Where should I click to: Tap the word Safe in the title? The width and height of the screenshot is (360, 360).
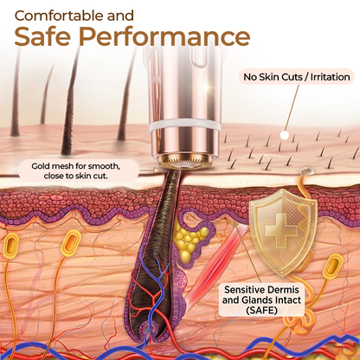tap(42, 36)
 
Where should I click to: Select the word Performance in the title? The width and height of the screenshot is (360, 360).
tap(164, 36)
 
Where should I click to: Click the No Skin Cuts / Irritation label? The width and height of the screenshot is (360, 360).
tap(297, 77)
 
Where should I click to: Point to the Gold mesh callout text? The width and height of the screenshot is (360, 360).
tap(76, 170)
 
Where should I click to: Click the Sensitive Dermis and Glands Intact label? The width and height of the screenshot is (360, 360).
tap(261, 295)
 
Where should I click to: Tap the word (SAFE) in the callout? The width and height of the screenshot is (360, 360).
tap(261, 310)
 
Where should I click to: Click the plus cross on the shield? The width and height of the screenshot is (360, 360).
tap(281, 230)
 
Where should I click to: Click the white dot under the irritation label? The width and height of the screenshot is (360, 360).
tap(285, 135)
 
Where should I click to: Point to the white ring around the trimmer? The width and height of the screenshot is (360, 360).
tap(184, 125)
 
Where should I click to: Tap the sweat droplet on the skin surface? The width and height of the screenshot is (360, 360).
tap(305, 172)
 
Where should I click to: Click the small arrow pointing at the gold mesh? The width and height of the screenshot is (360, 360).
tap(149, 170)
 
